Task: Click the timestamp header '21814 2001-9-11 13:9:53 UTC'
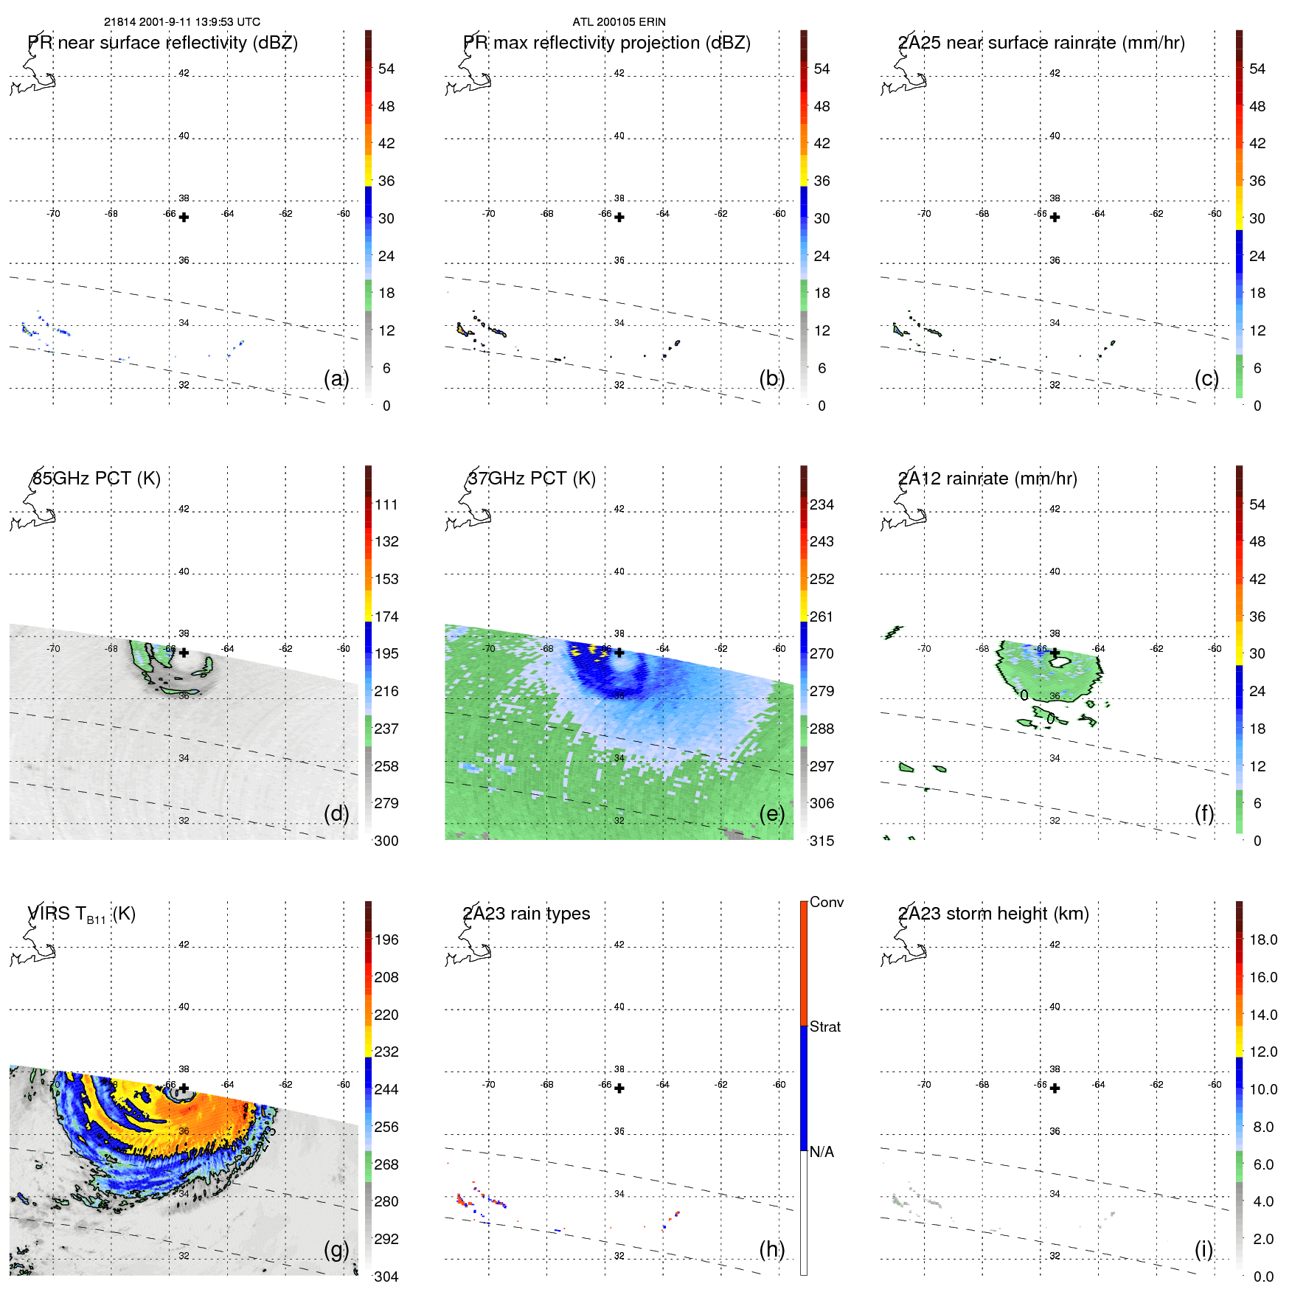point(181,22)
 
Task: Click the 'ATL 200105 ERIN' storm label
point(619,22)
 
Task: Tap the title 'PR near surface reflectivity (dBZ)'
point(163,43)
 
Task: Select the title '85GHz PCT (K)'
point(96,479)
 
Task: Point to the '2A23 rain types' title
point(527,914)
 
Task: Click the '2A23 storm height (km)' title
point(993,914)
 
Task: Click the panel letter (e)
point(771,813)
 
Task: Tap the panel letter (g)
point(336,1249)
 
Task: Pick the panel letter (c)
point(1206,378)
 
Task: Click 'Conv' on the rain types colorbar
point(826,902)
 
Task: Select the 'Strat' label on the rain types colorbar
point(824,1027)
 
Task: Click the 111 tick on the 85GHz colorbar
point(386,504)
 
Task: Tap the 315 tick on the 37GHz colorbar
point(822,841)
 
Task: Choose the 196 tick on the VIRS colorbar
point(386,939)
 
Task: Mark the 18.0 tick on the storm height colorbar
point(1262,939)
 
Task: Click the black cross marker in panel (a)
point(184,218)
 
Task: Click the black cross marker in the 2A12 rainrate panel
point(1055,653)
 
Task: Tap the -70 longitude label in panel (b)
point(488,214)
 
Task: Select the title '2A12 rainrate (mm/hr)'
point(987,479)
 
